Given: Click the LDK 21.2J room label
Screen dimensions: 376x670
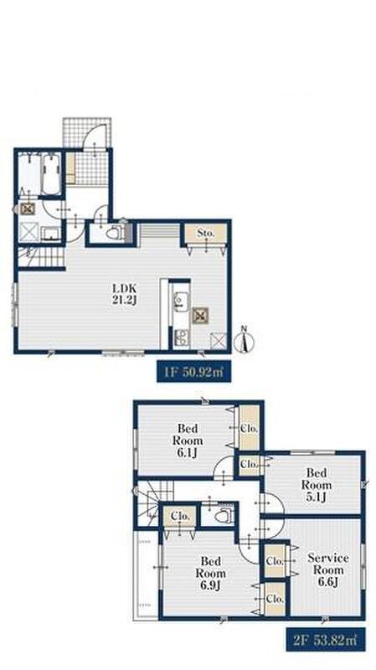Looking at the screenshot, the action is click(125, 294).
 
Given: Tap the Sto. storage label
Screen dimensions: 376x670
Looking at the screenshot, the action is click(205, 234).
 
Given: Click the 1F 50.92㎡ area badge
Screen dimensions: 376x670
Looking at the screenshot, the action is click(194, 370).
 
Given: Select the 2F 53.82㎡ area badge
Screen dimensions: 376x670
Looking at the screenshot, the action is click(326, 639).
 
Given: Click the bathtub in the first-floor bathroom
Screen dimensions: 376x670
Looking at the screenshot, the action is click(51, 174).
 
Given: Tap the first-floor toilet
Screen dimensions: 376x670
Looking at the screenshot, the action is click(115, 234).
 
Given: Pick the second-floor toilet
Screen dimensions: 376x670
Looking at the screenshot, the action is click(224, 516).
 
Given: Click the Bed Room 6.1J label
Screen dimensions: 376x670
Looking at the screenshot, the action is click(188, 441).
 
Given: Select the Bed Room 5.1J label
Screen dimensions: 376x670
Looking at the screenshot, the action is click(317, 485).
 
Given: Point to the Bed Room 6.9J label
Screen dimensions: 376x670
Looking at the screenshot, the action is click(211, 573).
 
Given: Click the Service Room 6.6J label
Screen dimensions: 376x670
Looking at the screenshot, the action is click(328, 570).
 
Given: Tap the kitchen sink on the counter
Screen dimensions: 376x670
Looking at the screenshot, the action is click(182, 300).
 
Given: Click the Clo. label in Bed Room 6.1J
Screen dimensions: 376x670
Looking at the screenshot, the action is click(249, 428).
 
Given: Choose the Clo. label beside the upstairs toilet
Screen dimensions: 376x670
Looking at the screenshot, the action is click(180, 516).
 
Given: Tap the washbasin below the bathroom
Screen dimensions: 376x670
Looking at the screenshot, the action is click(51, 234).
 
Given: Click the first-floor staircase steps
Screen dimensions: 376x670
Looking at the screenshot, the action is click(41, 257).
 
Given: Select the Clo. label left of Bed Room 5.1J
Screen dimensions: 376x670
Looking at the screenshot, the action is click(249, 464).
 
